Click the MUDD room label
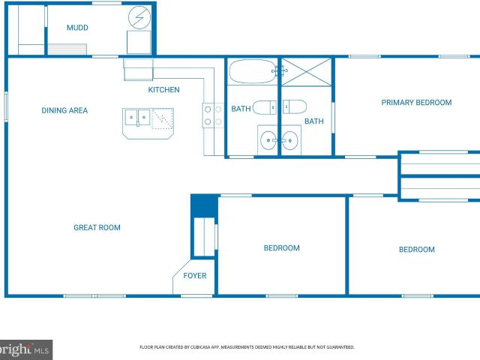pos(77,28)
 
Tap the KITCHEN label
pos(163,90)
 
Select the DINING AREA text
pos(64,110)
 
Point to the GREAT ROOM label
pos(97,227)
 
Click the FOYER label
pos(195,275)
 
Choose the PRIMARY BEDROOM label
pos(416,103)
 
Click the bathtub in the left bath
pos(253,71)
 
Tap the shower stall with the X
pos(306,72)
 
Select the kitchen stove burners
pos(213,115)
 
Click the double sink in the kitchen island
pos(137,118)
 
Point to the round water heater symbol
pos(139,18)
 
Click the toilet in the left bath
pos(265,107)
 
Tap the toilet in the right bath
pos(295,106)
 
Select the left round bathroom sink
pos(268,140)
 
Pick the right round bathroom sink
pos(289,140)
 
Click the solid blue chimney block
pos(204,205)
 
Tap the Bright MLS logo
pos(25,349)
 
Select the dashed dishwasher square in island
pos(163,118)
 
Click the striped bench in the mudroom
pos(67,49)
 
